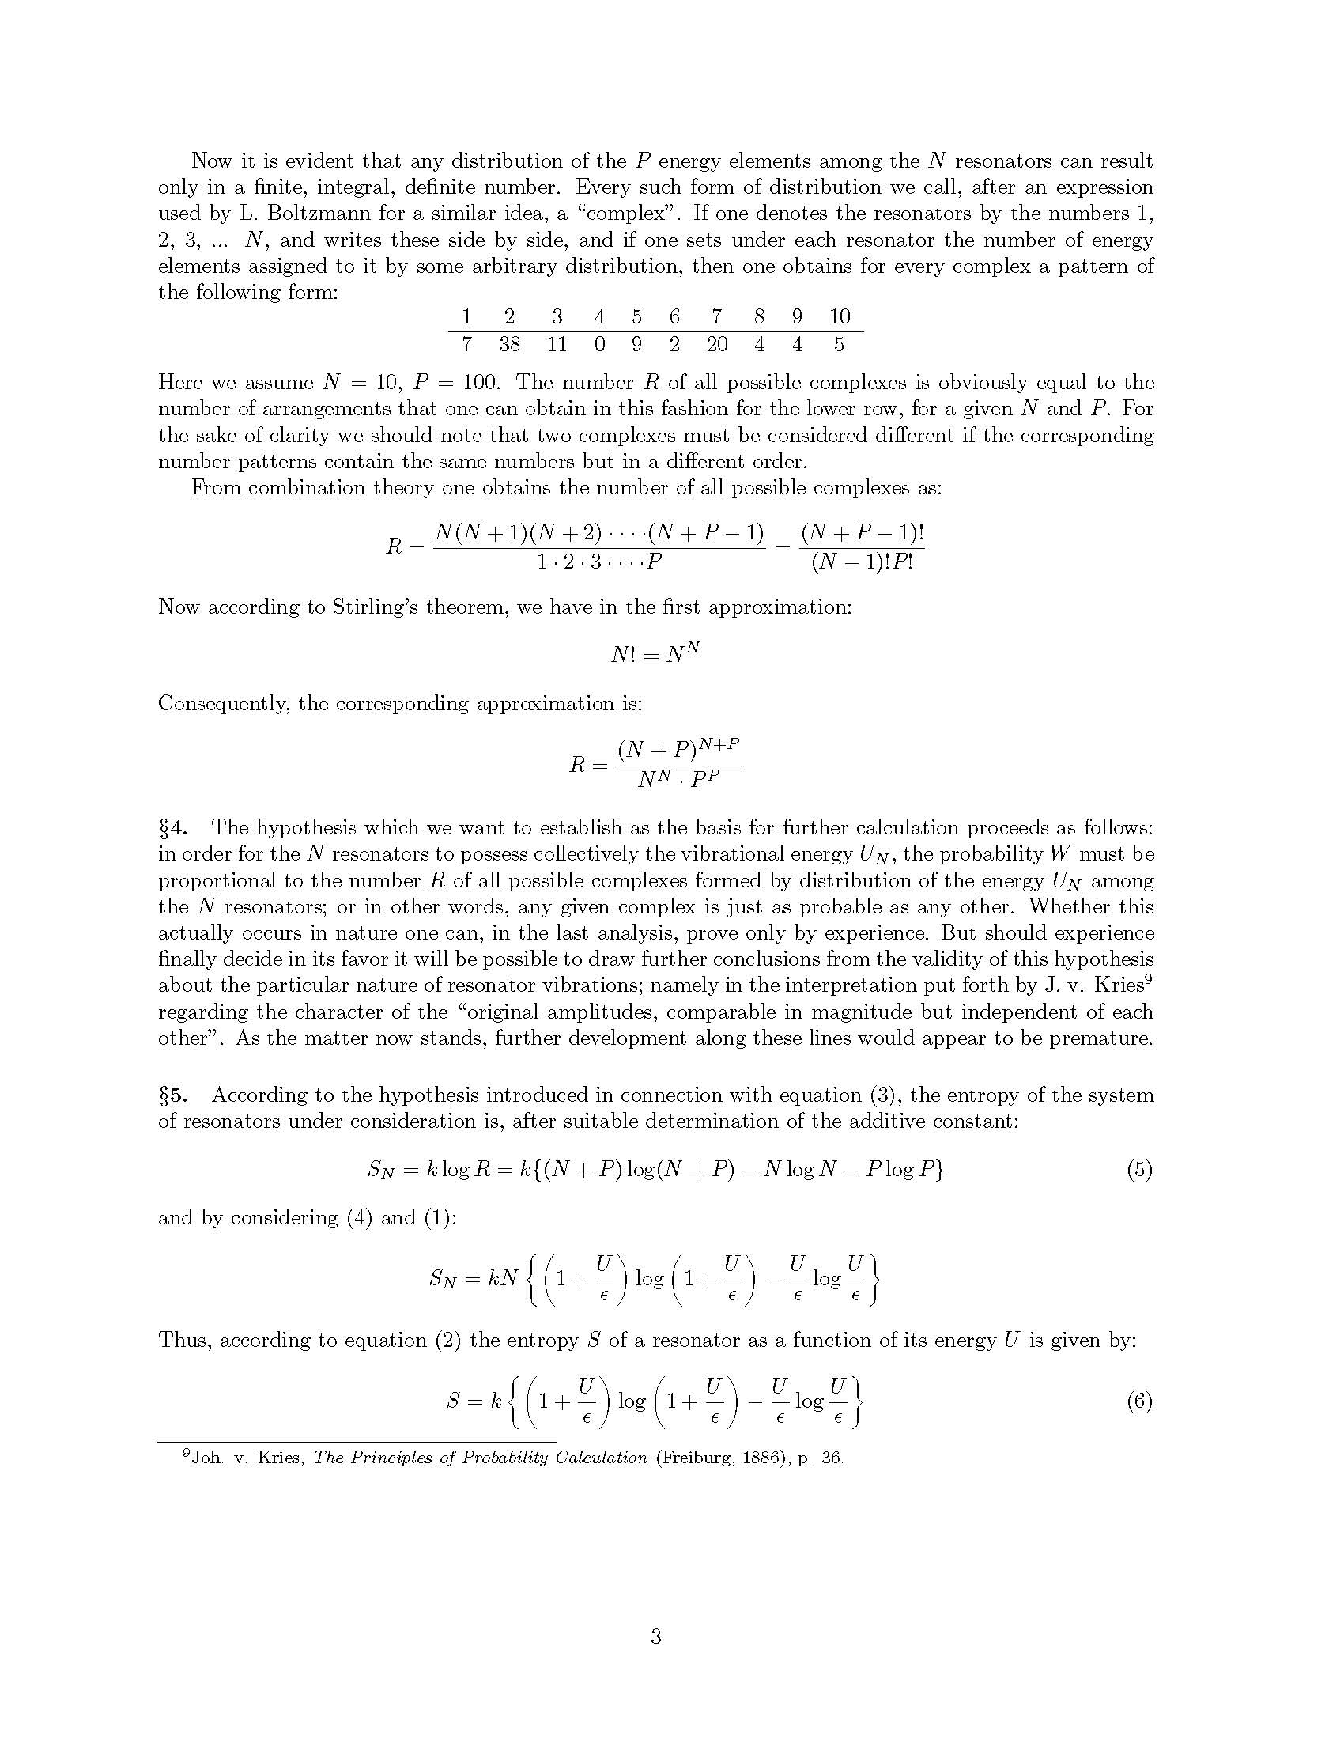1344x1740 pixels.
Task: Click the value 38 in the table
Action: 510,344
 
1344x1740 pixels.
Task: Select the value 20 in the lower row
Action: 716,344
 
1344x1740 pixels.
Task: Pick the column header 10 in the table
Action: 840,316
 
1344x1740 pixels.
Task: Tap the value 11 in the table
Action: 557,344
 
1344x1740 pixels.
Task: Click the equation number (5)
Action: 1139,1170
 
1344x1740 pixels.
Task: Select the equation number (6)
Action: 1139,1424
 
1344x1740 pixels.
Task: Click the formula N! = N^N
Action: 655,654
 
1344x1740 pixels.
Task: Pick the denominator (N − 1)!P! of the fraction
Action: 862,562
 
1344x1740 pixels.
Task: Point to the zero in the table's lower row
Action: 599,344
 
